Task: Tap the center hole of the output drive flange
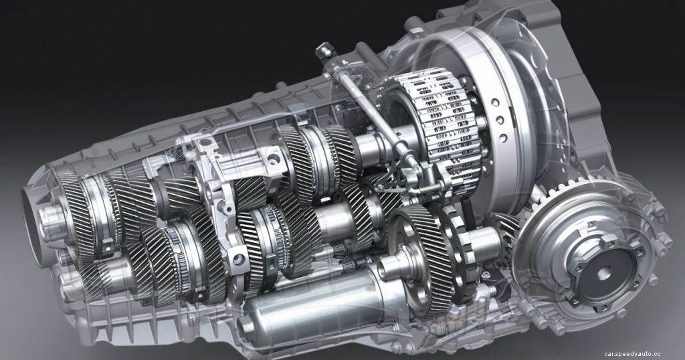tap(604, 272)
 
